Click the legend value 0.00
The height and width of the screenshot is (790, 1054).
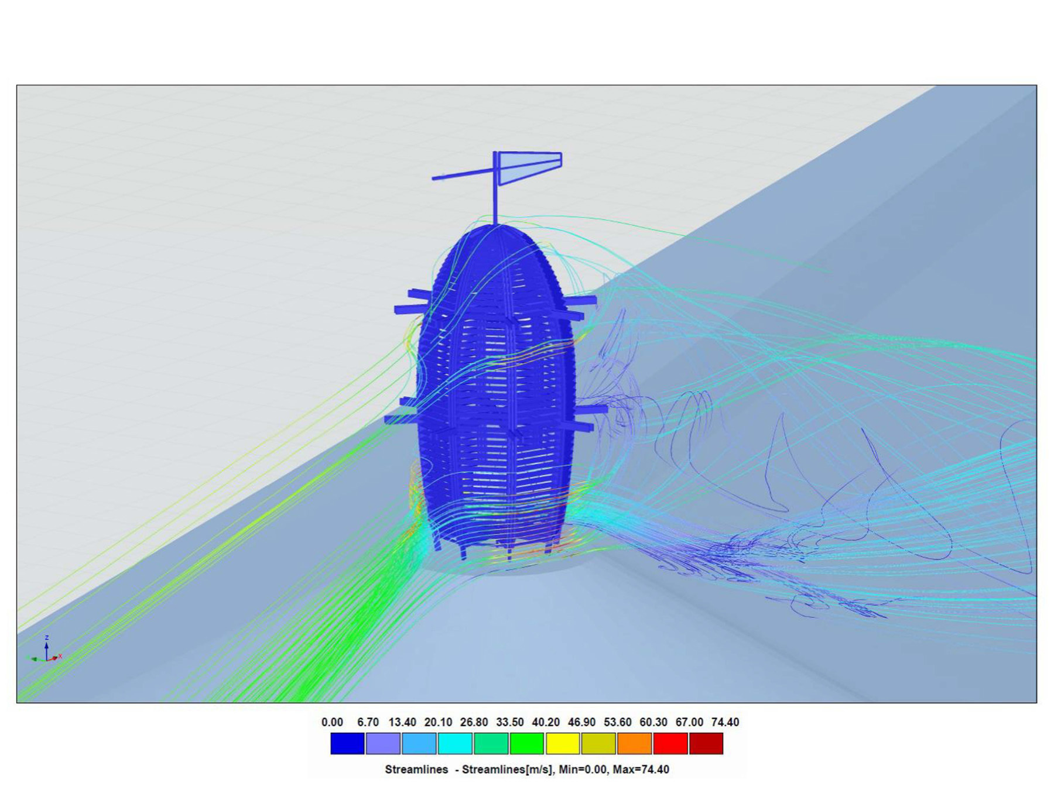click(x=332, y=722)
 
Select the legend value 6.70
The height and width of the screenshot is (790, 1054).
click(x=368, y=722)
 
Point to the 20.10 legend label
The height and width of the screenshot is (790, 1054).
click(x=438, y=722)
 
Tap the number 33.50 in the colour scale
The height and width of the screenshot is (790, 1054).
click(x=509, y=722)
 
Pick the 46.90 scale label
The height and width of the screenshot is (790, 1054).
click(x=581, y=722)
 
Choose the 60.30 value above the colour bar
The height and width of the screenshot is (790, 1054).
click(x=653, y=722)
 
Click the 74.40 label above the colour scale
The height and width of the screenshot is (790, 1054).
click(x=725, y=722)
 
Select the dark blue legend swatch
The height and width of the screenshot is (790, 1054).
click(x=347, y=743)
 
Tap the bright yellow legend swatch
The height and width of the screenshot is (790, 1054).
click(x=563, y=743)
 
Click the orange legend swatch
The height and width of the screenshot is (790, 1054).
click(x=634, y=743)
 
